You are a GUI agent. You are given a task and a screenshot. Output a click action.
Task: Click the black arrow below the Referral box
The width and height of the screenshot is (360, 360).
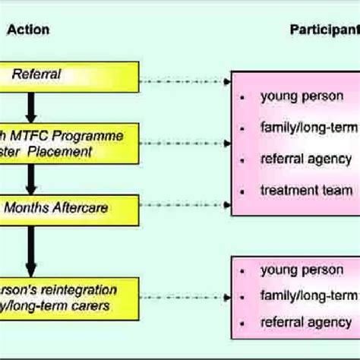(31, 106)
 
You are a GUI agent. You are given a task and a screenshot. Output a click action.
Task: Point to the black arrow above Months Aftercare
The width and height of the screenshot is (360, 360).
(31, 178)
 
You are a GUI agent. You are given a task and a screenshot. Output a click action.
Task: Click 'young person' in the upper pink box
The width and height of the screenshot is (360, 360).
(302, 96)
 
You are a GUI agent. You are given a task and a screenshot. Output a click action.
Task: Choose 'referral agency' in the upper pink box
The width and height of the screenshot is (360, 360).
(305, 159)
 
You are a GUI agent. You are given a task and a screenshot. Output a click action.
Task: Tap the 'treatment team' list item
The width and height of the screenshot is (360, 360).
(306, 191)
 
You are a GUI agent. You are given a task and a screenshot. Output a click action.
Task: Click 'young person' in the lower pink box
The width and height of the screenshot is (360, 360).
(302, 270)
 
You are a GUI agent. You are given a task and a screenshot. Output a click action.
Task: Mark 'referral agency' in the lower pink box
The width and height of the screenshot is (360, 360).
(305, 322)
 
